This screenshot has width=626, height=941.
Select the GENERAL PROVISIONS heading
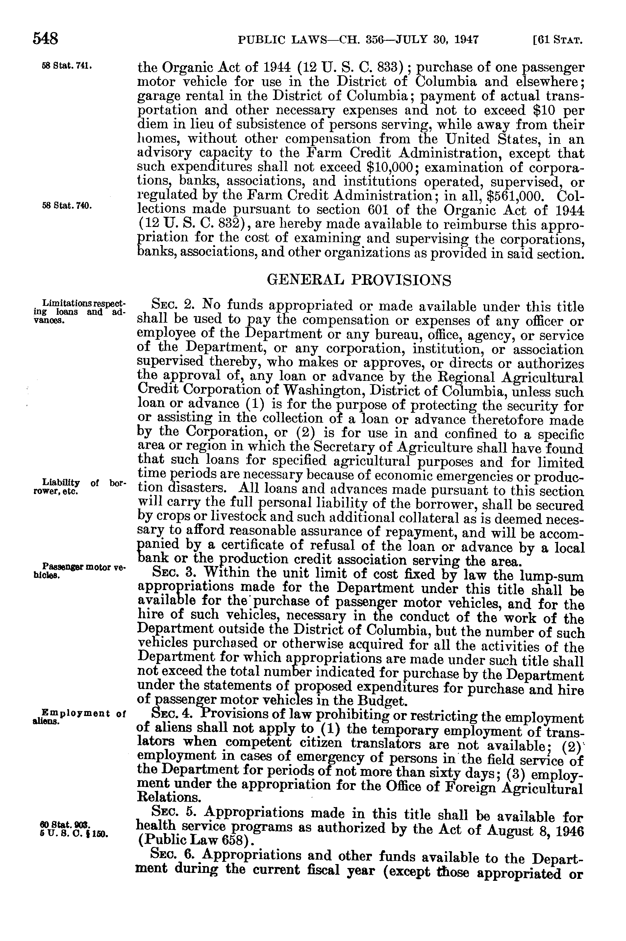click(359, 280)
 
